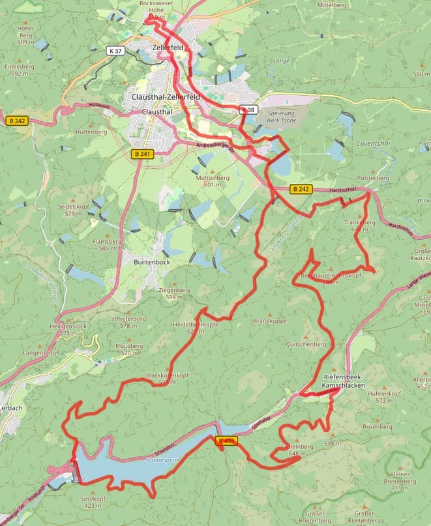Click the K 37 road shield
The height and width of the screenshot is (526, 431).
(115, 50)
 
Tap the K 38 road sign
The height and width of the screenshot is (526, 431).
(248, 110)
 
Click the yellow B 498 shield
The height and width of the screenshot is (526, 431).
(226, 441)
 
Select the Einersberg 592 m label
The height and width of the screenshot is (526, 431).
(19, 70)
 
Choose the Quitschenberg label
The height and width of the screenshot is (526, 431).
(305, 343)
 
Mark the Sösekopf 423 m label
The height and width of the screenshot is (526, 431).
(93, 501)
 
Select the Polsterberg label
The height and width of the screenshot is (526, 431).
(373, 177)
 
